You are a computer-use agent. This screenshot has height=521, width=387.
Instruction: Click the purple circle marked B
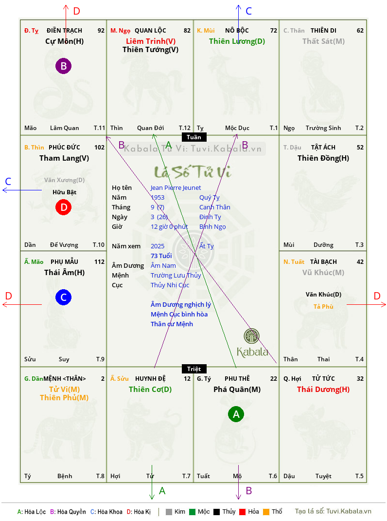[63, 66]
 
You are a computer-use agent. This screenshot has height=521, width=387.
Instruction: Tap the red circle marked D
[63, 207]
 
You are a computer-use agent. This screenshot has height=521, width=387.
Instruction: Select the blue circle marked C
[63, 297]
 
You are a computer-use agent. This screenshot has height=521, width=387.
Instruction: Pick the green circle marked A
[236, 414]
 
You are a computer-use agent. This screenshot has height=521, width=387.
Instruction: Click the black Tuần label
[194, 137]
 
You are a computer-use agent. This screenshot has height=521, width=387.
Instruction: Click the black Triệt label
[194, 369]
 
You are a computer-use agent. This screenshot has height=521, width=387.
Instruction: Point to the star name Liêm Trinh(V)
[151, 41]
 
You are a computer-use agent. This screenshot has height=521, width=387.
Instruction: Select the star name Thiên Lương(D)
[237, 41]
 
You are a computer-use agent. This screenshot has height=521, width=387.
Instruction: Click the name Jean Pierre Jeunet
[176, 188]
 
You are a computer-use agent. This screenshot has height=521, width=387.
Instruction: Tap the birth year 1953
[158, 197]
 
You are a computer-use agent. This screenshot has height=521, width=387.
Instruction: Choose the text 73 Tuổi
[161, 256]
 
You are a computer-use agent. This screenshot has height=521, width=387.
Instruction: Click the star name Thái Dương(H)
[323, 390]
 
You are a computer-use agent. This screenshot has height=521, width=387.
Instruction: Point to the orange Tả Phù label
[323, 306]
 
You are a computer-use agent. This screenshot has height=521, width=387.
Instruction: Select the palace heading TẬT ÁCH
[323, 147]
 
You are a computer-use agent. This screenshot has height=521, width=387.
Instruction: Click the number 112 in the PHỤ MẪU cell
[99, 262]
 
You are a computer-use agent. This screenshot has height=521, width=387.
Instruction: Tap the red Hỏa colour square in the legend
[242, 512]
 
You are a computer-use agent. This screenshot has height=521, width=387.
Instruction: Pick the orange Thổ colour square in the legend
[266, 512]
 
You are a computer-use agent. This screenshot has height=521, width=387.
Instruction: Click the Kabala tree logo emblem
[251, 336]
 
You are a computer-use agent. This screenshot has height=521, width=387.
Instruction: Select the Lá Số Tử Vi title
[193, 172]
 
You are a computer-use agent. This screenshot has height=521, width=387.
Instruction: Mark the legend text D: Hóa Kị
[139, 512]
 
